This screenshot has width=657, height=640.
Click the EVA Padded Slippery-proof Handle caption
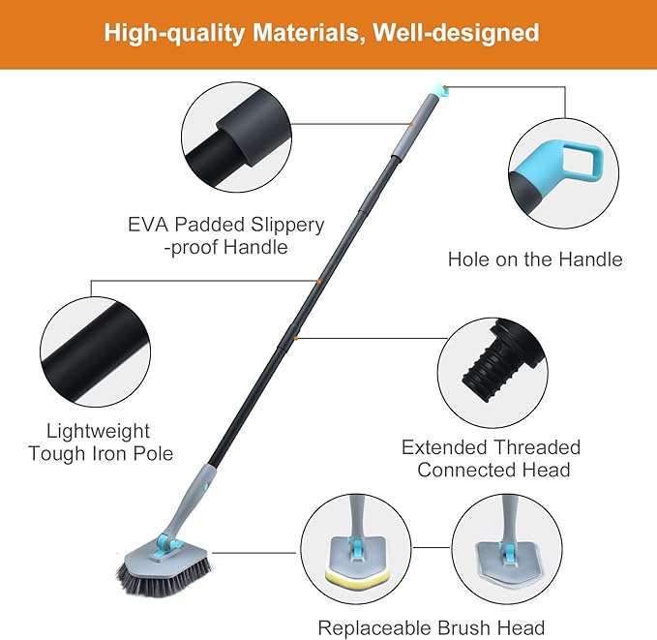click(x=226, y=235)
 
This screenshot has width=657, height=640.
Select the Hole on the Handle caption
click(x=535, y=259)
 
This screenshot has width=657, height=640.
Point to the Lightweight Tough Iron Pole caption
click(x=102, y=442)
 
